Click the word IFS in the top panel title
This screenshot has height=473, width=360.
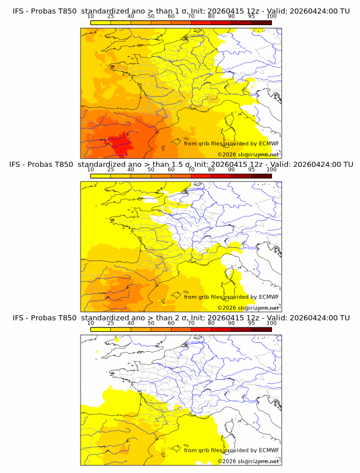pos(19,11)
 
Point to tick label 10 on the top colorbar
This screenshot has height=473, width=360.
pos(90,16)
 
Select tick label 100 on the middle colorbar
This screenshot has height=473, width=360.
pos(271,170)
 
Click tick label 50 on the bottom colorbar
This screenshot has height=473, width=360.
pos(151,323)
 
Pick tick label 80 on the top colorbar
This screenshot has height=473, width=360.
pos(211,16)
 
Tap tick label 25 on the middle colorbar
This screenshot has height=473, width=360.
pos(110,170)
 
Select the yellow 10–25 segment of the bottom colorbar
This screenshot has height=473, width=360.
pos(100,329)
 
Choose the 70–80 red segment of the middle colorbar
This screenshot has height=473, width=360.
pos(201,175)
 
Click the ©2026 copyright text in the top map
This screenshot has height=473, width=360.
pos(227,155)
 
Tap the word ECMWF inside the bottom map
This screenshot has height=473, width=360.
pos(269,450)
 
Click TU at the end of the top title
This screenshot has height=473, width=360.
pos(344,11)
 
